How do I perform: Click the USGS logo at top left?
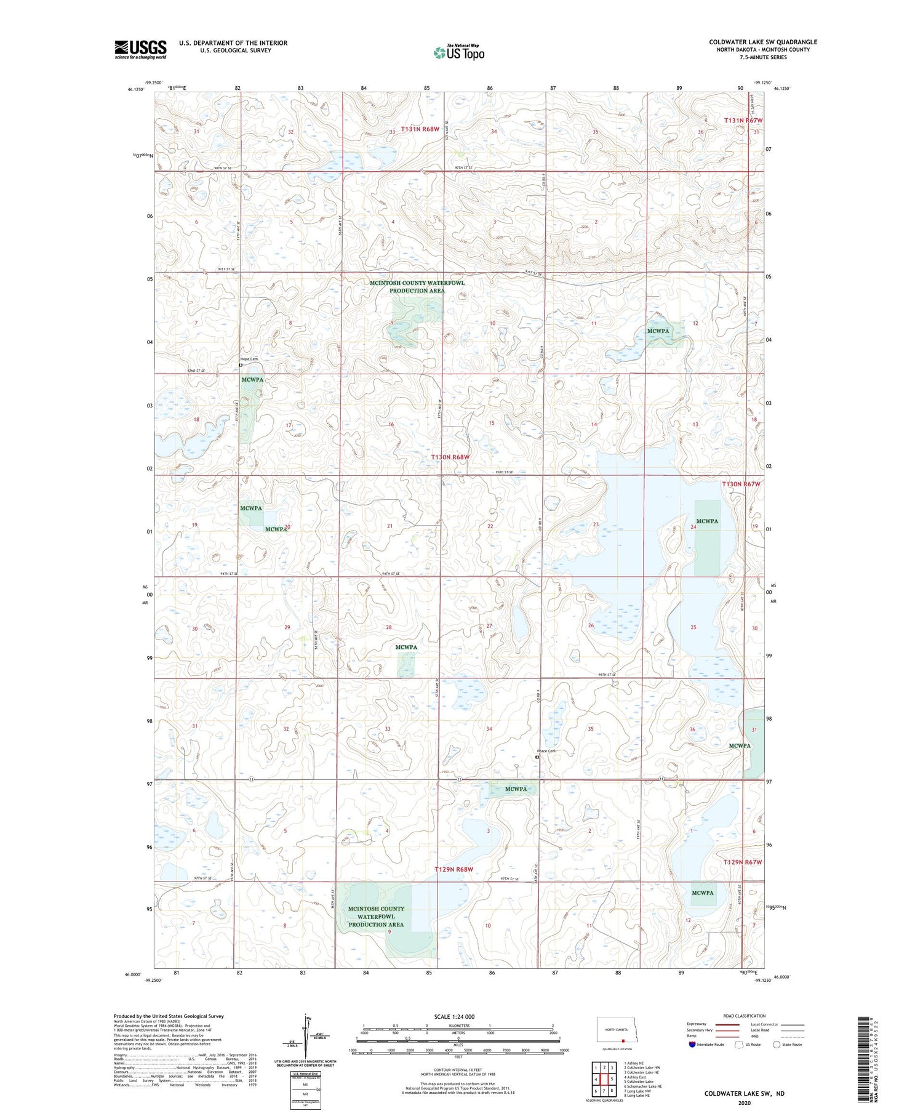tap(140, 49)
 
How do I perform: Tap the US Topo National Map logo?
tap(458, 52)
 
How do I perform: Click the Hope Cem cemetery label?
tap(249, 359)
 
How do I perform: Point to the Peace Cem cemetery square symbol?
tap(537, 758)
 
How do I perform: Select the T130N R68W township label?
tap(450, 457)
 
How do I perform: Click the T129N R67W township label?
tap(743, 862)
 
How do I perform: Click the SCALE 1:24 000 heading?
tap(455, 1017)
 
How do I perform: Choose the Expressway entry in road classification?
tap(699, 1024)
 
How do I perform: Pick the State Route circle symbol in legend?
tap(777, 1045)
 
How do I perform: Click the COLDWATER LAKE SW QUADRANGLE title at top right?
tap(763, 42)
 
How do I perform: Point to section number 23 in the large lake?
tap(596, 524)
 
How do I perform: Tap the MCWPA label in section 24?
tap(707, 521)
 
